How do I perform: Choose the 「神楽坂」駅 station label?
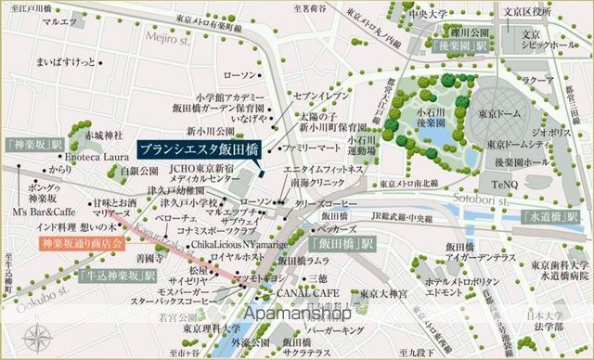coord(32,147)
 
